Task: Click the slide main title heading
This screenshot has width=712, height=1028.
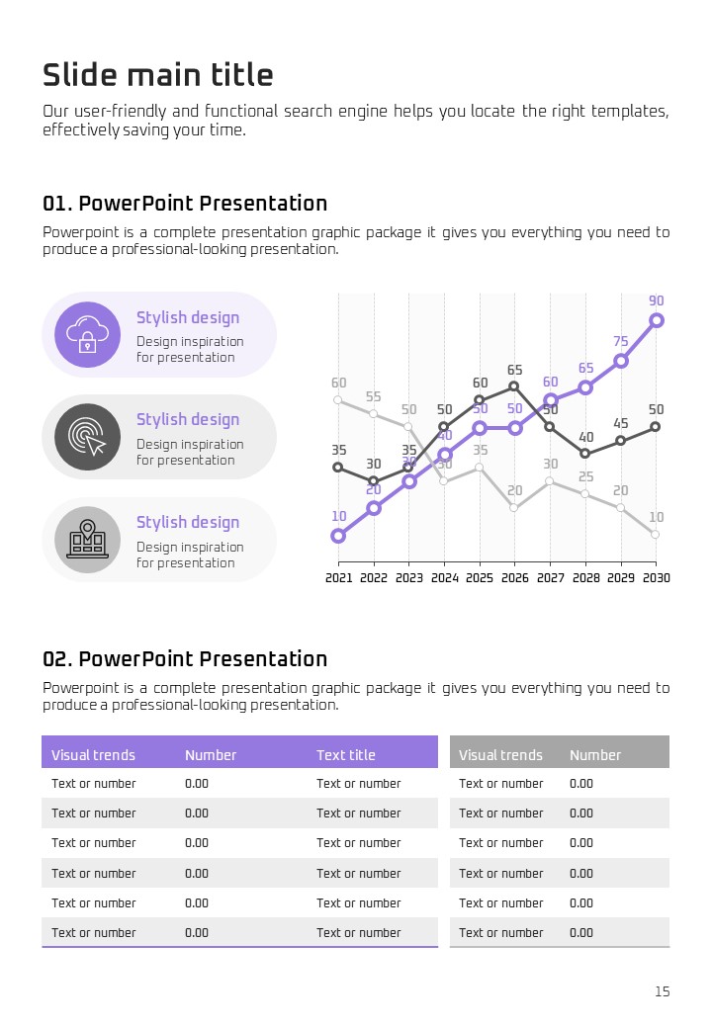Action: [x=158, y=75]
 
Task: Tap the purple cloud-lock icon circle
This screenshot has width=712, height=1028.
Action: [x=88, y=334]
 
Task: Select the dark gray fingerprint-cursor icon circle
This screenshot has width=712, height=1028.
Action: [x=88, y=437]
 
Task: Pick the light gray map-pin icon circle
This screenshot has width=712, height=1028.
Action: [x=88, y=540]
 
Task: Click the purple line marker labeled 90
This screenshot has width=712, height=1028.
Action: [x=657, y=320]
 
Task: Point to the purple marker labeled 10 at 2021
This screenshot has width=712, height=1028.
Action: [x=338, y=536]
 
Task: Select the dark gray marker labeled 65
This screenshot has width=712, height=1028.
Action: [x=514, y=386]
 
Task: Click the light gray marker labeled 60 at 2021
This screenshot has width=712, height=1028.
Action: [x=338, y=400]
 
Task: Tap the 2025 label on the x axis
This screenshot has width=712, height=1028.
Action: [x=480, y=578]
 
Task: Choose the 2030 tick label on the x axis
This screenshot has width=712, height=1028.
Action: [x=656, y=578]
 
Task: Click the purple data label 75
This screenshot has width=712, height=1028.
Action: [x=621, y=342]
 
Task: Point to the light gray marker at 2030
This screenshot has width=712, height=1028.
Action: [x=656, y=535]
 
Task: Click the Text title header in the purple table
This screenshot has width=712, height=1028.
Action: [x=346, y=755]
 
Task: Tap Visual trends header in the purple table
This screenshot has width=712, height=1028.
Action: [x=93, y=755]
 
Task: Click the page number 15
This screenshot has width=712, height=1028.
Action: [x=663, y=991]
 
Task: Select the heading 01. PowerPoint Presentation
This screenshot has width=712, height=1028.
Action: [x=185, y=204]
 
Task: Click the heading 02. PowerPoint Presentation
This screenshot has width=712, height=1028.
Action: [x=185, y=659]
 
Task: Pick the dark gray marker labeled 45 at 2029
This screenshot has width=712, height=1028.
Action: [x=621, y=441]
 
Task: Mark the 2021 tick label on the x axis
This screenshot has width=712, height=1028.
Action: [x=339, y=578]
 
